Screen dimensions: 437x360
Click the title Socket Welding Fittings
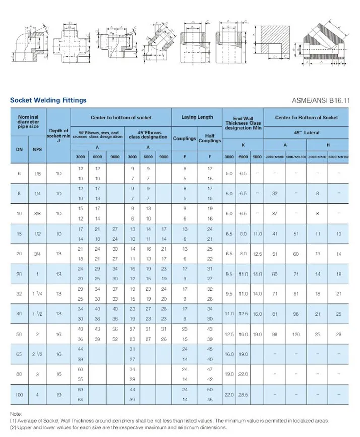click(x=48, y=100)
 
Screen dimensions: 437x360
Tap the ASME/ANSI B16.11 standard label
click(x=324, y=100)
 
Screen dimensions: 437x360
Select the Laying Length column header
click(x=197, y=117)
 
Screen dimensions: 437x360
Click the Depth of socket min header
click(x=58, y=133)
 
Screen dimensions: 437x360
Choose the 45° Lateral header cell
click(x=307, y=133)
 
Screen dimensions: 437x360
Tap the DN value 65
click(x=19, y=355)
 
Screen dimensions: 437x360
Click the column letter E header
click(x=185, y=157)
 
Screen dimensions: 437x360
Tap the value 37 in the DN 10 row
click(x=275, y=214)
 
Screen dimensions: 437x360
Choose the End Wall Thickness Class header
click(x=243, y=123)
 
